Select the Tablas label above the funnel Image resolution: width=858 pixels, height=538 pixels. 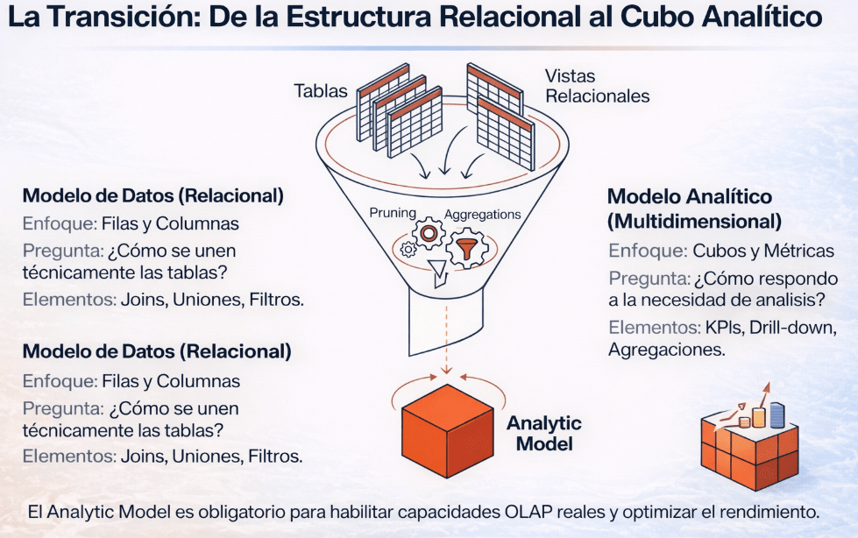pyautogui.click(x=321, y=91)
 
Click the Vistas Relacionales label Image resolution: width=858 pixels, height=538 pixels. pyautogui.click(x=597, y=86)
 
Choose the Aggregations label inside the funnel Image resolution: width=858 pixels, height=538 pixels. pyautogui.click(x=482, y=214)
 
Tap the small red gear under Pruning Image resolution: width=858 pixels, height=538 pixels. pyautogui.click(x=429, y=233)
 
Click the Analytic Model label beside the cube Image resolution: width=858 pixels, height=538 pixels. pyautogui.click(x=543, y=434)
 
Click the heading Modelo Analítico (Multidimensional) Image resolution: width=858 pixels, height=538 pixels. pyautogui.click(x=689, y=209)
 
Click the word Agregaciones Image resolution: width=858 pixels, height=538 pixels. pyautogui.click(x=666, y=350)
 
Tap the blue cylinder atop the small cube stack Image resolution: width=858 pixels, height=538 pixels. pyautogui.click(x=776, y=414)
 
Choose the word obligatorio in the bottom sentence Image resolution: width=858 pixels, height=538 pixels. pyautogui.click(x=222, y=511)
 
